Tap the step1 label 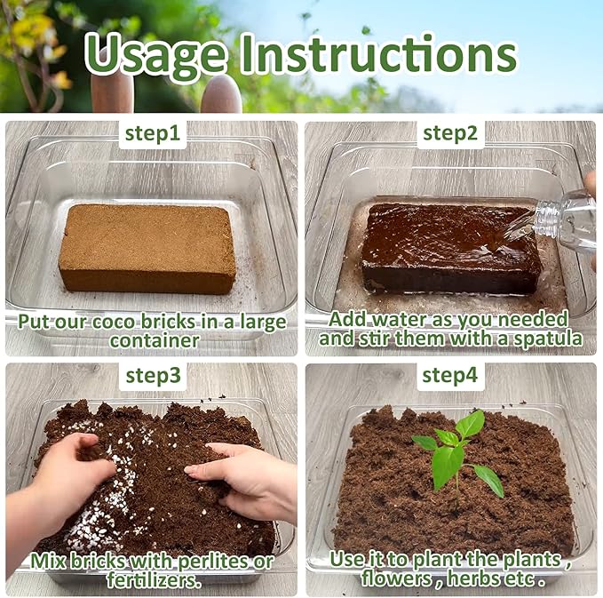(x=152, y=134)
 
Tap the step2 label (x=450, y=134)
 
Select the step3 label (x=153, y=375)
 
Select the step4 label (x=450, y=375)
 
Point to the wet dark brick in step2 (x=450, y=247)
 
